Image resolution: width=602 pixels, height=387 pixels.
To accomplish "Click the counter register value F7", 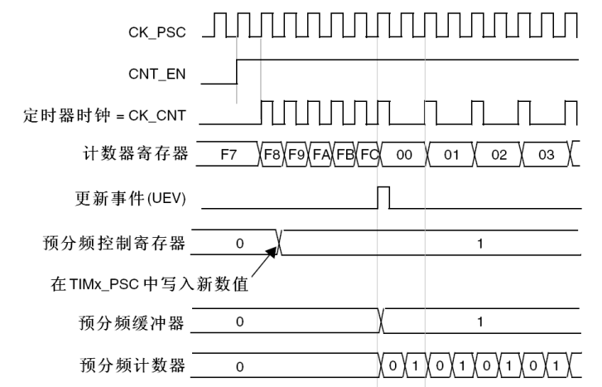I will pyautogui.click(x=229, y=154).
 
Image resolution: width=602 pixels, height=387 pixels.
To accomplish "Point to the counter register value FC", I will pyautogui.click(x=369, y=154).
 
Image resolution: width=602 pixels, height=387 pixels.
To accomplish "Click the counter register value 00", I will pyautogui.click(x=402, y=154).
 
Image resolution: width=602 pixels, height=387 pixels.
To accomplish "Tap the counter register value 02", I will pyautogui.click(x=498, y=154).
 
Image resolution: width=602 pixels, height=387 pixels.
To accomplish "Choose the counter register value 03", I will pyautogui.click(x=547, y=154).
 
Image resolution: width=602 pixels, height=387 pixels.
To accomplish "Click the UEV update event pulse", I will pyautogui.click(x=383, y=197).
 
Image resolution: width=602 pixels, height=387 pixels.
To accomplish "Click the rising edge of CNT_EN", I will pyautogui.click(x=237, y=71).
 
